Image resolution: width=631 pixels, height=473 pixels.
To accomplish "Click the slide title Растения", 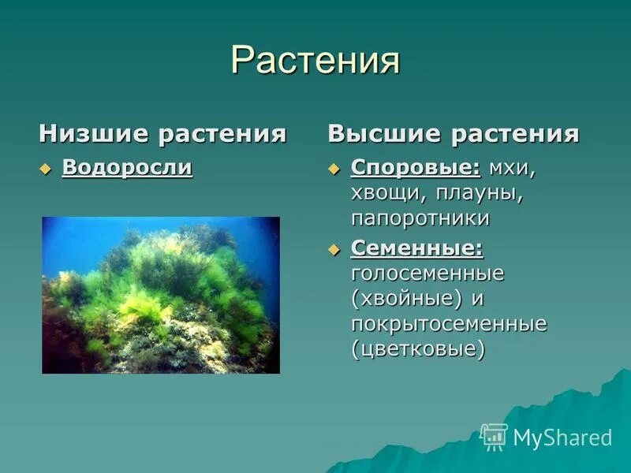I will (x=315, y=61).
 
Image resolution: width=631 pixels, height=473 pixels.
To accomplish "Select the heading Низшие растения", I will (x=162, y=133).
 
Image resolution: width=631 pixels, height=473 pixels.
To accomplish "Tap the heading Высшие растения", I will (x=454, y=133).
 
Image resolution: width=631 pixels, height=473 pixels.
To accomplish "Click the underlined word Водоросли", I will (x=127, y=167).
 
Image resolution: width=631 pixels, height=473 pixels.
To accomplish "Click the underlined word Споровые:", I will (x=416, y=167).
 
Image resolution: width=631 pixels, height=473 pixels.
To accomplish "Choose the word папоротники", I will (x=420, y=218).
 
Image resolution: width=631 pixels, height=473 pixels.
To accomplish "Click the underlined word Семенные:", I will (x=417, y=248).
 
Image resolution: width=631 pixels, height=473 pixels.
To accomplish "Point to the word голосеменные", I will (x=428, y=274).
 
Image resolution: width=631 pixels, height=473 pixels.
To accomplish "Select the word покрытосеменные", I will (x=449, y=324).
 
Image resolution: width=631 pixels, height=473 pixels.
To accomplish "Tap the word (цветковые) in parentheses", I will (x=418, y=349).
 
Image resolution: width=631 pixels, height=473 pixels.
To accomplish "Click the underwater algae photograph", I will (x=161, y=295).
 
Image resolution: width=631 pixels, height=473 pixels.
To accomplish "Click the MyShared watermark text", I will (x=562, y=438).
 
